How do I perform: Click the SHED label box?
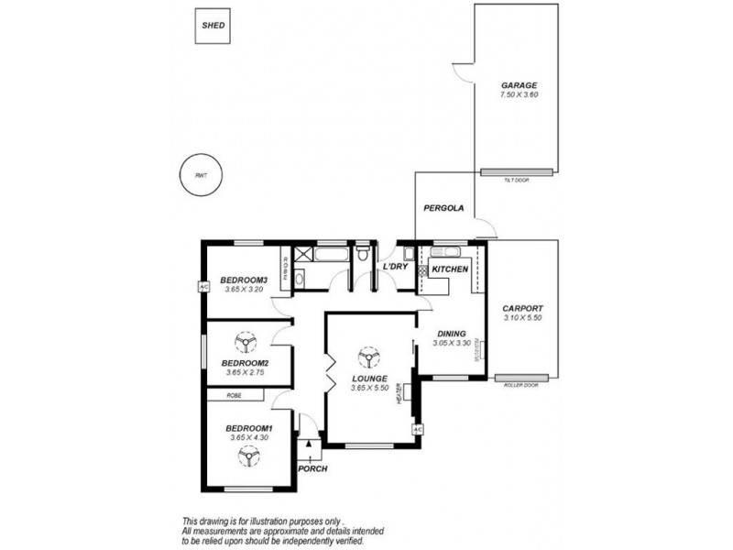coord(213,27)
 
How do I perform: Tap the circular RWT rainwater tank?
coord(202,176)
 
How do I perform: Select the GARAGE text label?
coord(518,85)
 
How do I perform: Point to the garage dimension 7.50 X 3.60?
coord(518,95)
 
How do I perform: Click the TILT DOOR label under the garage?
coord(517,181)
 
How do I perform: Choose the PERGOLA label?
coord(443,209)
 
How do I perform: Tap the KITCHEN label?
coord(450,269)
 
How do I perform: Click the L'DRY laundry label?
coord(396,267)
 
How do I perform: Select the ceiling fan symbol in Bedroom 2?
coord(245,343)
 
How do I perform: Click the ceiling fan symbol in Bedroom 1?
coord(246,456)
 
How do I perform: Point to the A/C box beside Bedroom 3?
coord(203,286)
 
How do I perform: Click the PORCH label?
coord(312,469)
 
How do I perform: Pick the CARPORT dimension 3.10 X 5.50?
coord(523,318)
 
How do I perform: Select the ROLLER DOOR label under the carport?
coord(521,385)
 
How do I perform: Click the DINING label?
coord(451,334)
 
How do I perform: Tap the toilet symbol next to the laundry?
coord(365,253)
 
